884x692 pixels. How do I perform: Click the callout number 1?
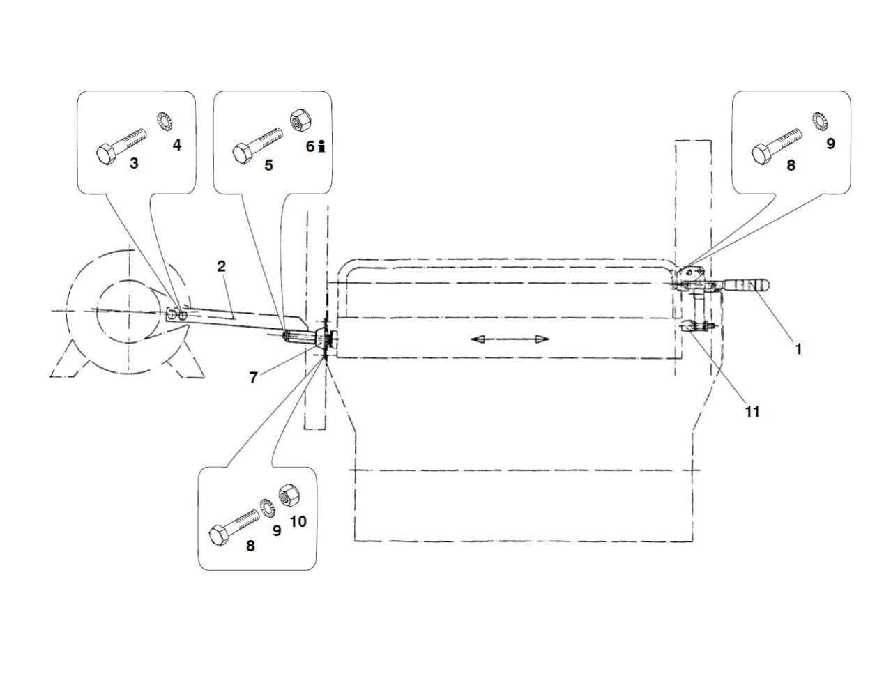798,349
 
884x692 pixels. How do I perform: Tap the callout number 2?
221,266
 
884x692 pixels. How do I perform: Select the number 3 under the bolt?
134,163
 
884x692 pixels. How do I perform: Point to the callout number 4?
177,145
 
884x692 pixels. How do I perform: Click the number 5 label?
268,165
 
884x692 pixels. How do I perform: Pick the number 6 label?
310,146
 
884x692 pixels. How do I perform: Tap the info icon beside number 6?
321,146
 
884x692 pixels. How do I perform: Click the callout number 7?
253,378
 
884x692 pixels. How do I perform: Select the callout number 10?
298,522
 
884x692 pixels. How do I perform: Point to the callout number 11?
752,412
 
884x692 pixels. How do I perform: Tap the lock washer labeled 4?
165,121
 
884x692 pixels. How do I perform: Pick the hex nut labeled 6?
300,121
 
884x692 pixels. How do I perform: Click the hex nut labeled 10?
289,495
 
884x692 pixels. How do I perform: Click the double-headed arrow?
510,339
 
